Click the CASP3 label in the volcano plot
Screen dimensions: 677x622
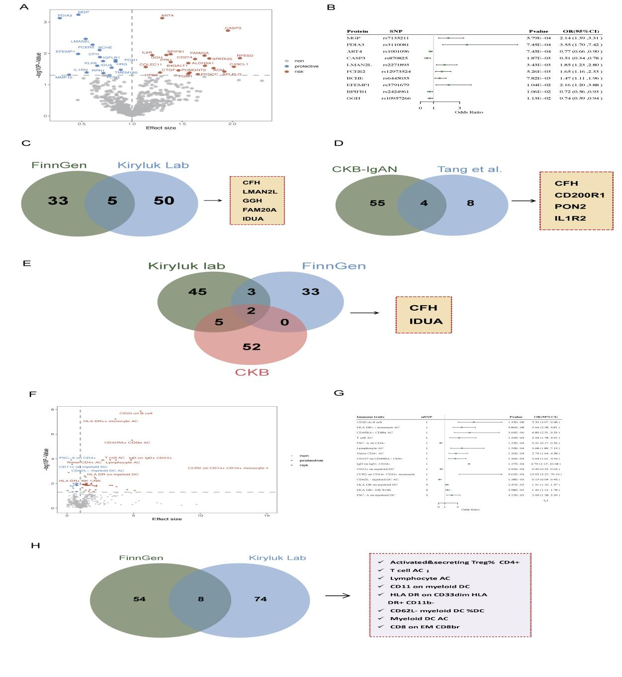(x=233, y=28)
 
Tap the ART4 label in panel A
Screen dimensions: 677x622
(x=167, y=15)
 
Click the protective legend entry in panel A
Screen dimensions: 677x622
(x=306, y=66)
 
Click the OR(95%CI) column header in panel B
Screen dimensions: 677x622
(x=582, y=31)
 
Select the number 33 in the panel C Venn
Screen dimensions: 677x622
(x=58, y=201)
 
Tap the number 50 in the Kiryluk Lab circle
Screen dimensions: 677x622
(x=164, y=201)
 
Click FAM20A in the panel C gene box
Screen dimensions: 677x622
(x=260, y=210)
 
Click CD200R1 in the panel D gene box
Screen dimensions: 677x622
(x=580, y=195)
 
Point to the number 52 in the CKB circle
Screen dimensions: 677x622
(x=252, y=346)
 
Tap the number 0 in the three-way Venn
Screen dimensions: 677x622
(x=284, y=322)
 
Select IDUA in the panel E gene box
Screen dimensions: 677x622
(x=426, y=321)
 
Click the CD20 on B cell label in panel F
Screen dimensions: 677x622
(x=136, y=413)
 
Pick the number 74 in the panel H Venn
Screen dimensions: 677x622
(x=261, y=599)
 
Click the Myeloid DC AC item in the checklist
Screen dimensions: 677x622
(x=419, y=618)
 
